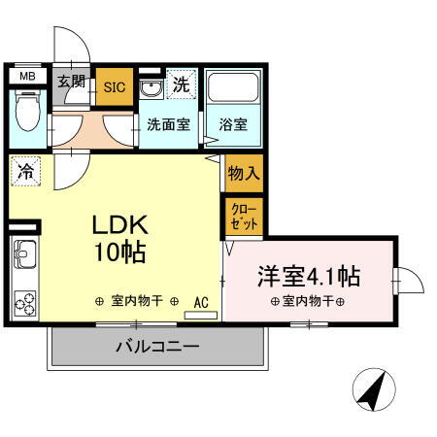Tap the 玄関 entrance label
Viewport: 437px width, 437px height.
(70, 82)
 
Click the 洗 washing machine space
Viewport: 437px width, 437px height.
(181, 84)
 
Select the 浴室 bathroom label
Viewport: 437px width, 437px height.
(232, 125)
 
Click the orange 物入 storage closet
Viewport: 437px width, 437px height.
(243, 174)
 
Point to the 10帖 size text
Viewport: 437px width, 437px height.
(118, 254)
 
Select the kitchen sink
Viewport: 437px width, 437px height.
(24, 258)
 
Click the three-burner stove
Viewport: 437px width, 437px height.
(24, 304)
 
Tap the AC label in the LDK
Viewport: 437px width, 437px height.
(202, 301)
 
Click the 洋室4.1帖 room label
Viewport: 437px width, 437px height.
(308, 276)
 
